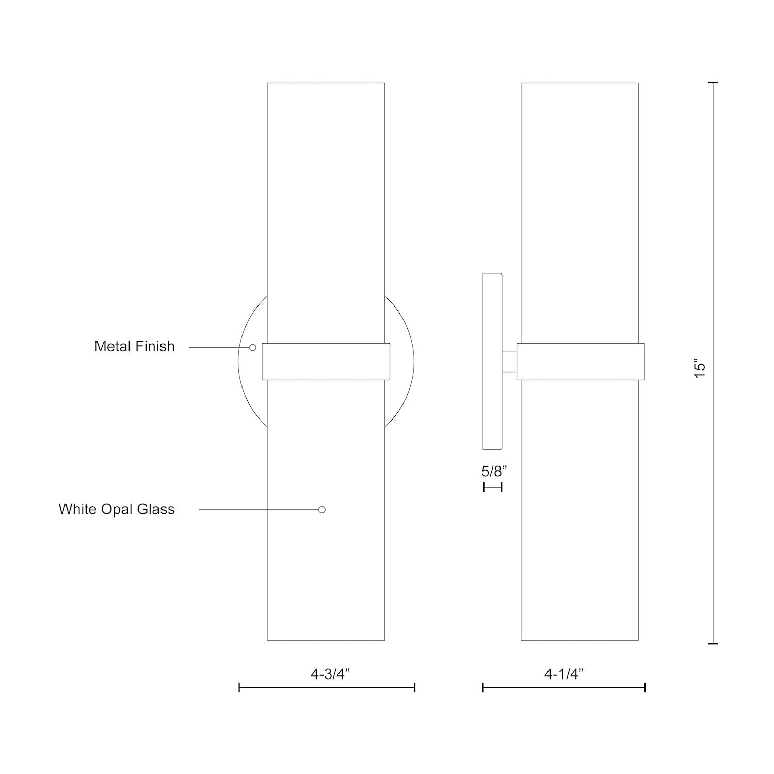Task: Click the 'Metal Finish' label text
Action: pyautogui.click(x=135, y=346)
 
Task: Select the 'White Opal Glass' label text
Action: pyautogui.click(x=117, y=509)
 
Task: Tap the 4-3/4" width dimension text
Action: pyautogui.click(x=330, y=674)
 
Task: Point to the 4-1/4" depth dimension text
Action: pyautogui.click(x=564, y=674)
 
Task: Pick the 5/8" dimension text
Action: pyautogui.click(x=494, y=471)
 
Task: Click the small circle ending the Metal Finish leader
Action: pyautogui.click(x=253, y=348)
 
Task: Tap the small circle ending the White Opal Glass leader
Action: pyautogui.click(x=322, y=510)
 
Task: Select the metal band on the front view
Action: pyautogui.click(x=326, y=362)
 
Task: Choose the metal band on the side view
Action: pyautogui.click(x=580, y=362)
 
